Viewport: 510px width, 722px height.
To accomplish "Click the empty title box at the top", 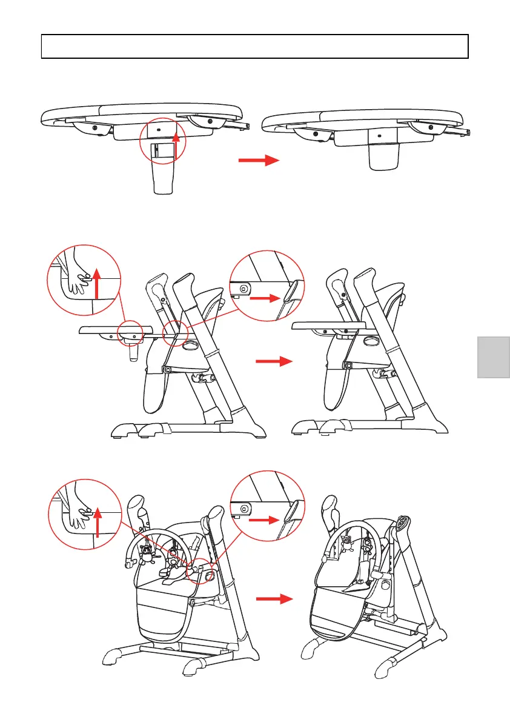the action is [255, 46].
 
